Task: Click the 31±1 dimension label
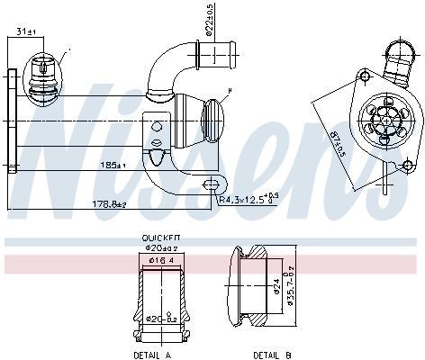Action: (x=26, y=33)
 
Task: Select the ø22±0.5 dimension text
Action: (x=209, y=20)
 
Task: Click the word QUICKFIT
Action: (x=157, y=238)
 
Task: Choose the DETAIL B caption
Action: (x=271, y=355)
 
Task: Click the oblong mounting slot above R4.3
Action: (x=212, y=185)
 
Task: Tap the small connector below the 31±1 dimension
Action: (x=43, y=72)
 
